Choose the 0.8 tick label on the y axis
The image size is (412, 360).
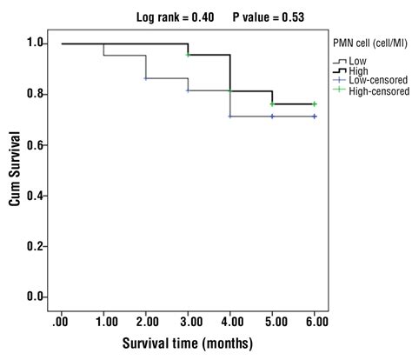[x=36, y=94]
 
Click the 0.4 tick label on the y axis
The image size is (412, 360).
[x=36, y=196]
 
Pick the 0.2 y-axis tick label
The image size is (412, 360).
[x=36, y=246]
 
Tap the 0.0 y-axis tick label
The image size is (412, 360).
[x=36, y=297]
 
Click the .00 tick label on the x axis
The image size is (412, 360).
[x=61, y=322]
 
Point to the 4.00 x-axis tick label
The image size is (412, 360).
[x=229, y=322]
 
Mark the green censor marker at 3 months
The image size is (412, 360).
[x=188, y=55]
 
